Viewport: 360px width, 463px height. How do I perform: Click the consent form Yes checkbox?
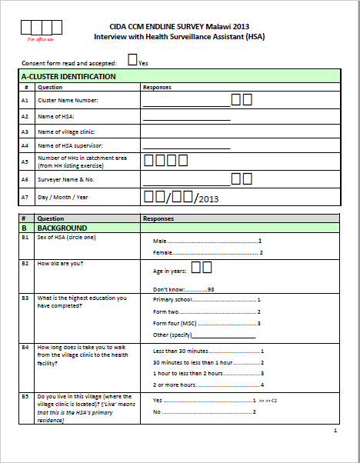pyautogui.click(x=132, y=59)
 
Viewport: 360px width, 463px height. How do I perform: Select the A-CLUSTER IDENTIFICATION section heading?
pyautogui.click(x=69, y=77)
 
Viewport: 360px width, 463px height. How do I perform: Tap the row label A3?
pyautogui.click(x=25, y=132)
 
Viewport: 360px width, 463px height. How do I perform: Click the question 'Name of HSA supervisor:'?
pyautogui.click(x=71, y=145)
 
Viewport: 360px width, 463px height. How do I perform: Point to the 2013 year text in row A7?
pyautogui.click(x=209, y=199)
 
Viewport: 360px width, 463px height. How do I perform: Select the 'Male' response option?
pyautogui.click(x=162, y=241)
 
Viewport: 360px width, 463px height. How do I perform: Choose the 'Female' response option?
pyautogui.click(x=164, y=252)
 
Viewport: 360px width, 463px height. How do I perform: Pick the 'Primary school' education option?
pyautogui.click(x=174, y=300)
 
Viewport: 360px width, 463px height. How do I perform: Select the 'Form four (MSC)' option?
pyautogui.click(x=175, y=323)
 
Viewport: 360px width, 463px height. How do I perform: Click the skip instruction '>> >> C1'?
pyautogui.click(x=268, y=401)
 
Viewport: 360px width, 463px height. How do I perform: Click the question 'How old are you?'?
pyautogui.click(x=61, y=264)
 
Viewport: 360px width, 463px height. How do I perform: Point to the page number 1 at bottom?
pyautogui.click(x=335, y=431)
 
